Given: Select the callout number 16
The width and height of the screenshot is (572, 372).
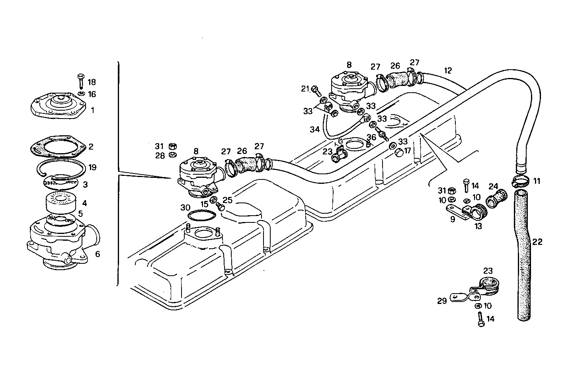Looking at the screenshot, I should tap(92, 94).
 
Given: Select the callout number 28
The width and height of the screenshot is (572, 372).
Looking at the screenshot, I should tap(160, 156).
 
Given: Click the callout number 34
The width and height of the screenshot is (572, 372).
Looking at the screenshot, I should tap(315, 129).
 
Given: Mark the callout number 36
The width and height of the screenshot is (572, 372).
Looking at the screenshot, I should tap(371, 137).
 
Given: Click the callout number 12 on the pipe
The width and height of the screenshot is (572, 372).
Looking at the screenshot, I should tap(448, 71).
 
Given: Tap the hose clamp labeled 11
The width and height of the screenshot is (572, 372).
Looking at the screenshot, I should tap(521, 182).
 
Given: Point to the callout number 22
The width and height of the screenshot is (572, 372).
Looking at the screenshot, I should tap(537, 242).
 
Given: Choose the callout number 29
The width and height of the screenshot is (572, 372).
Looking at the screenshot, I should tap(442, 301).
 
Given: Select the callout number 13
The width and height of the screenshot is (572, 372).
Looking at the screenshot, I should tap(478, 226).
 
